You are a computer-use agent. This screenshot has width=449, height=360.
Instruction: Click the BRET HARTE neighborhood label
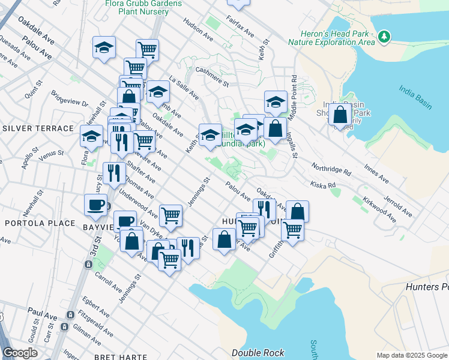121,356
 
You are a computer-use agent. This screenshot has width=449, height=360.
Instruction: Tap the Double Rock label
258,353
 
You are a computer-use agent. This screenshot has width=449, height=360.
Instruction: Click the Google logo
20,353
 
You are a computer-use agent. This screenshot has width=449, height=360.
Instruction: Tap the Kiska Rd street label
322,185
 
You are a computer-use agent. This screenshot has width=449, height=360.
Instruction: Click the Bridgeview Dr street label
71,103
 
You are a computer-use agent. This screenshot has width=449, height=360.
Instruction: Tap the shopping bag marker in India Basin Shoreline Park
340,115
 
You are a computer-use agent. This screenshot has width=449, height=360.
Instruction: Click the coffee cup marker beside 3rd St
95,205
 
